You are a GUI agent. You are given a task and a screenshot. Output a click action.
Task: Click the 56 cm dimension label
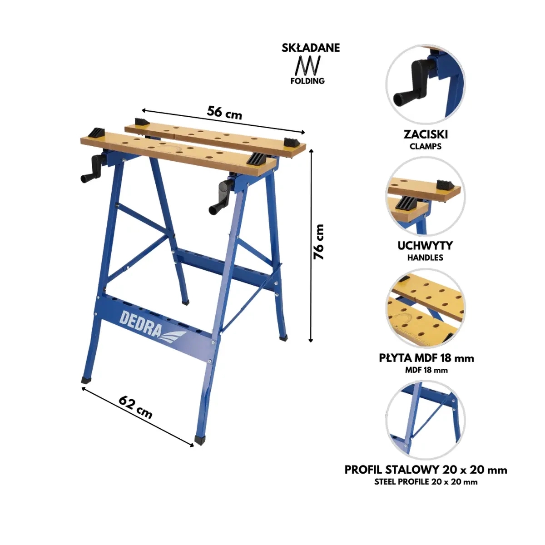click(x=224, y=113)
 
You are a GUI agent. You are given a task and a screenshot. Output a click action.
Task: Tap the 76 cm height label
click(x=318, y=242)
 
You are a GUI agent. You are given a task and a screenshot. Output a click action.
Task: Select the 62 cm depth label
click(x=135, y=407)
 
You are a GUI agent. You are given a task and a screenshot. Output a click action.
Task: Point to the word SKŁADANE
click(x=311, y=48)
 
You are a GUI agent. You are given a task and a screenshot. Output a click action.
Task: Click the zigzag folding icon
click(x=308, y=65)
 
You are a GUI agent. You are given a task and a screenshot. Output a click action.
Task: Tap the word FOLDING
click(x=307, y=81)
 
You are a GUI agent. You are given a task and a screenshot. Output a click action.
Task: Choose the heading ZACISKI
click(x=426, y=134)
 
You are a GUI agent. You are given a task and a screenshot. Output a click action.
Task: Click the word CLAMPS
click(x=426, y=146)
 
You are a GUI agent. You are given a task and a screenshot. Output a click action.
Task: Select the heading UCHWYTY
click(x=425, y=246)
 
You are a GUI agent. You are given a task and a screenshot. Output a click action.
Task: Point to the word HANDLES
click(x=425, y=258)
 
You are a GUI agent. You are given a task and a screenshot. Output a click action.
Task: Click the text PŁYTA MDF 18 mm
click(x=426, y=358)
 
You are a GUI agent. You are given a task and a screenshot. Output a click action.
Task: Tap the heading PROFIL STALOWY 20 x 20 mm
click(x=426, y=470)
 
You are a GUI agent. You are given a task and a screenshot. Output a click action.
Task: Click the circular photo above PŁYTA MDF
click(x=426, y=308)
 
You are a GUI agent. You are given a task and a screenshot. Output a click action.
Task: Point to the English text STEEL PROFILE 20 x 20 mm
click(x=426, y=482)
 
